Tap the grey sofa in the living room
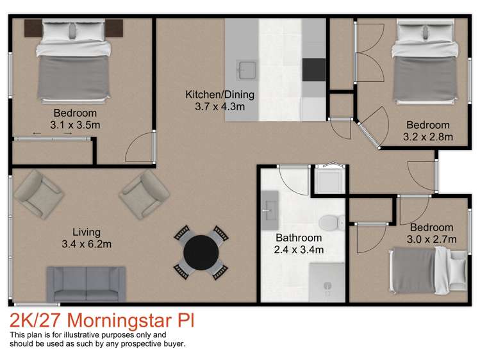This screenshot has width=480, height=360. (86, 283)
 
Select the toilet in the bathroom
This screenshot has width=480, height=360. (329, 222)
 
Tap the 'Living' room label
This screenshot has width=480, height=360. (86, 232)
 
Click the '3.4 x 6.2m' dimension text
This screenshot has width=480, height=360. (86, 244)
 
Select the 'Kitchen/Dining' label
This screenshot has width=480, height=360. (220, 95)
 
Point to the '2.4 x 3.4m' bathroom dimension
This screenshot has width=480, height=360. (299, 250)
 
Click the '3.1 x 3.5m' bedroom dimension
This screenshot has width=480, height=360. (75, 125)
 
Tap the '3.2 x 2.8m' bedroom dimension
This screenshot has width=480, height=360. (427, 136)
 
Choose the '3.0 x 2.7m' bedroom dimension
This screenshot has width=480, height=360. (431, 239)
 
